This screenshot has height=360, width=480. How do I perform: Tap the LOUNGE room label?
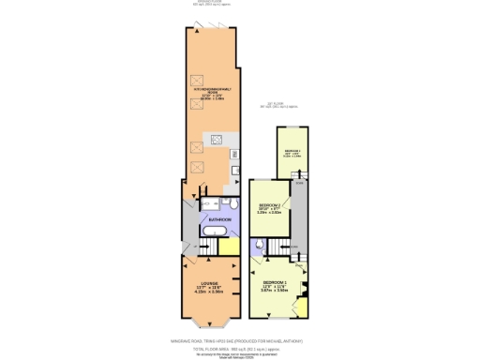(x=209, y=282)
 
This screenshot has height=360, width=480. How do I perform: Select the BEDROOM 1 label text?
(x=276, y=282)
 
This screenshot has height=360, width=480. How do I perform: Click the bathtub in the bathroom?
(x=213, y=232)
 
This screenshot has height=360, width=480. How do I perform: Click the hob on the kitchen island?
(x=217, y=142)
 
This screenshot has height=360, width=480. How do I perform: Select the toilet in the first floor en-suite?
(x=258, y=246)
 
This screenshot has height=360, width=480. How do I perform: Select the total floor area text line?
(x=239, y=347)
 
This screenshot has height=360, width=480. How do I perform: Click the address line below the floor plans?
(x=239, y=340)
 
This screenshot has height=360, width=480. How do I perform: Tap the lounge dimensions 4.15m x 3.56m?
(x=209, y=292)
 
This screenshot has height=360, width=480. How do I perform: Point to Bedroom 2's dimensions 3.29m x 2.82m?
(x=269, y=213)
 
